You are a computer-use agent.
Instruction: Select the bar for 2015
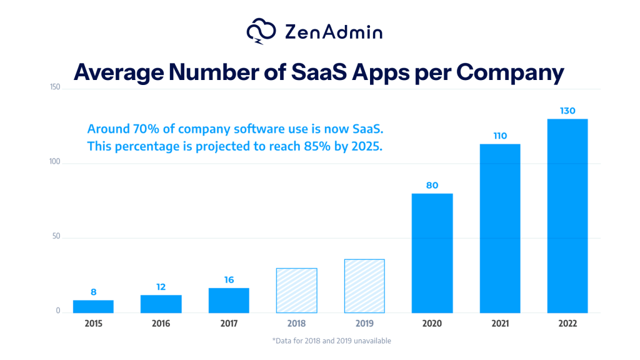coord(93,306)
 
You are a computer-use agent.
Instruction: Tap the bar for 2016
coord(161,304)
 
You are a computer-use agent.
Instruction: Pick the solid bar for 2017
coord(229,300)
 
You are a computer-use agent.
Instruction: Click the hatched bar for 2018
coord(296,291)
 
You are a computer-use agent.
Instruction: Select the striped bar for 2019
coord(364,286)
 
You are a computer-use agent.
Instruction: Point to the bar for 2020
coord(432,253)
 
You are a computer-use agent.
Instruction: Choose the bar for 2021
coord(499,228)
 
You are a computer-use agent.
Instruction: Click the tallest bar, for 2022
coord(567,216)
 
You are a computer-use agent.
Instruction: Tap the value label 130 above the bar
coord(567,111)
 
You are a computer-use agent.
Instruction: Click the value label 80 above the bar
coord(432,185)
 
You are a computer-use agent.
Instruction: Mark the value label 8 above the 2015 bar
coord(93,292)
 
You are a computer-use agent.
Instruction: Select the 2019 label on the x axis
coord(364,324)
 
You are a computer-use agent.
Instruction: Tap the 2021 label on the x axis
coord(499,324)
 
